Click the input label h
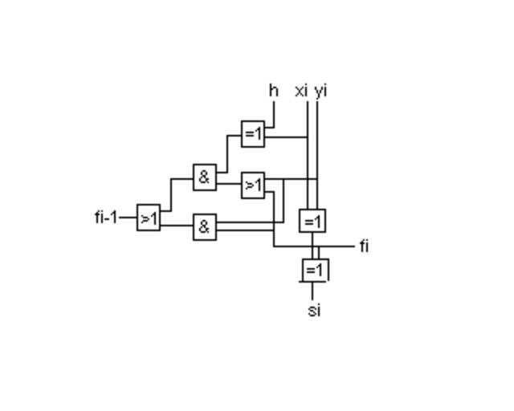(273, 90)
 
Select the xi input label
(301, 90)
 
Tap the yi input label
(321, 90)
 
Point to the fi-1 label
(106, 217)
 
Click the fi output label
(364, 246)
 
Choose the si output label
(314, 310)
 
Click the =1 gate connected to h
(253, 133)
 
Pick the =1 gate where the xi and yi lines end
(312, 221)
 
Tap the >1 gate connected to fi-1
(149, 218)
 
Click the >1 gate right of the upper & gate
(253, 185)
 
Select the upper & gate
(204, 177)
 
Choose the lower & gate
(204, 227)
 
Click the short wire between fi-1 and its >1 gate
(128, 218)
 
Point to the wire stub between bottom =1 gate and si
(312, 290)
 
